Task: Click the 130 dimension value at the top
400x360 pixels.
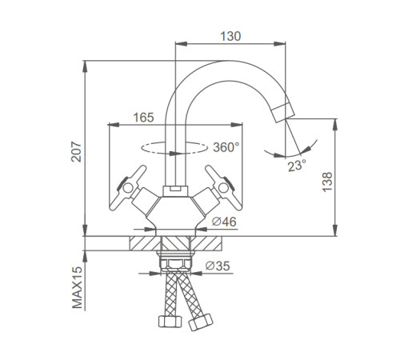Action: point(230,36)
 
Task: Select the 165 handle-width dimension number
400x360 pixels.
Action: point(144,118)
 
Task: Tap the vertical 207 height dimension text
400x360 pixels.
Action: point(77,152)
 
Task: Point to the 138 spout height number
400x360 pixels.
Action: point(327,182)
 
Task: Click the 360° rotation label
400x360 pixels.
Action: point(226,147)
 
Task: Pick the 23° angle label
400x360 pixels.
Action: point(297,166)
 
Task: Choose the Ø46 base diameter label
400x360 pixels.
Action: point(224,222)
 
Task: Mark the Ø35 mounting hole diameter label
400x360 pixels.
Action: point(218,266)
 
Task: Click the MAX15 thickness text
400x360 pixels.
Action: point(78,287)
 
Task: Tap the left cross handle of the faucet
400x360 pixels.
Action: point(128,187)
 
